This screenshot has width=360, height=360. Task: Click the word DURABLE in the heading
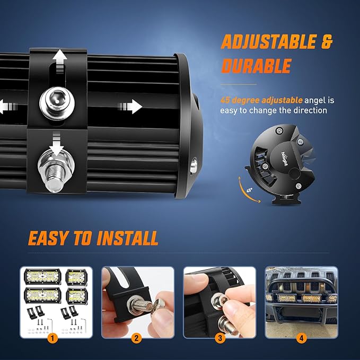pos(256,66)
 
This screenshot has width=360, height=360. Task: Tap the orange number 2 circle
pos(137,337)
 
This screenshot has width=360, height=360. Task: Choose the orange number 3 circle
pos(219,337)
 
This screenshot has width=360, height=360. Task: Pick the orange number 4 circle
pos(301,337)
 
